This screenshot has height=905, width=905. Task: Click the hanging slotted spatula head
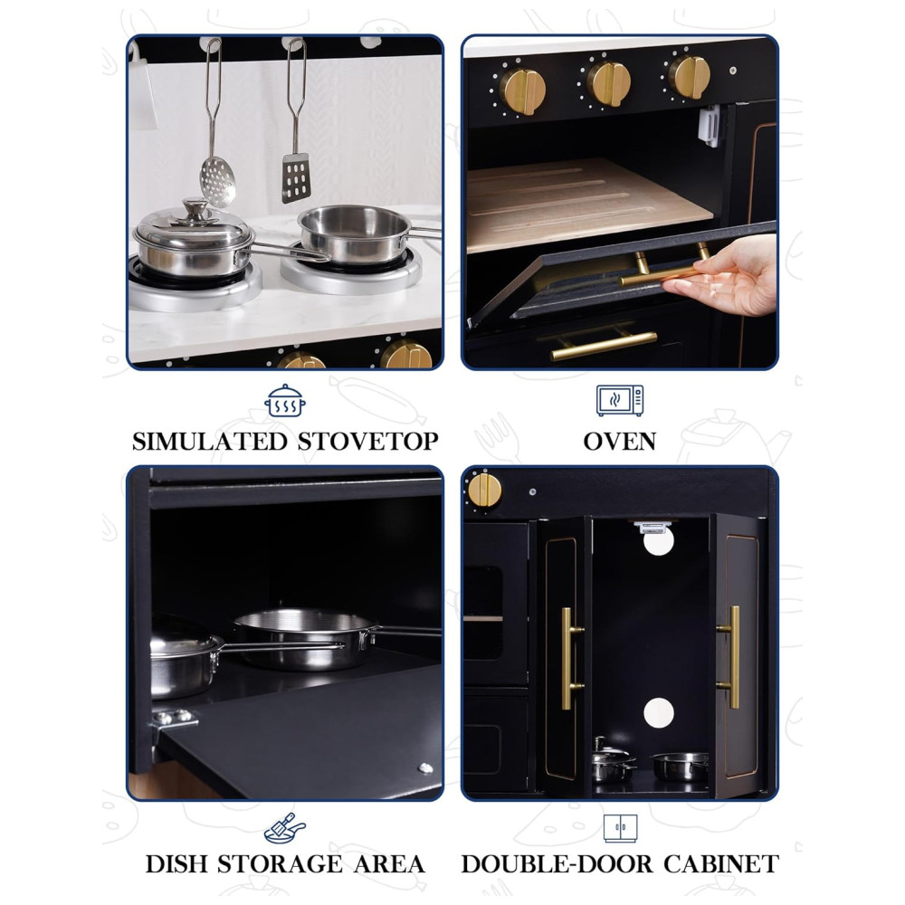296,177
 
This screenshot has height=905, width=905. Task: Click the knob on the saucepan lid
195,207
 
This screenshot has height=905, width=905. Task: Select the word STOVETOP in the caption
368,442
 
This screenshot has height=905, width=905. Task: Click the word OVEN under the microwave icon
619,442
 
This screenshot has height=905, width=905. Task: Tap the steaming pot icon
285,401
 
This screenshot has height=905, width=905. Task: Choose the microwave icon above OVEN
620,401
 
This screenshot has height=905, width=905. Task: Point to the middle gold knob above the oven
608,83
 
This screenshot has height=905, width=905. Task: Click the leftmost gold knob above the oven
522,91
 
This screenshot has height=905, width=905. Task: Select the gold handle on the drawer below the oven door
603,345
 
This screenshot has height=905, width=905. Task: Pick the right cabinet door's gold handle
730,657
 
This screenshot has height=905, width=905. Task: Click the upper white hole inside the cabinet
659,541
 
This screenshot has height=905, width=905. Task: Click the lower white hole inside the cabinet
659,713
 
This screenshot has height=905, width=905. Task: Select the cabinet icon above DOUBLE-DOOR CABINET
621,828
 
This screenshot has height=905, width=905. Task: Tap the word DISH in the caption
176,864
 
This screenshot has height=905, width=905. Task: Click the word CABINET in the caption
721,864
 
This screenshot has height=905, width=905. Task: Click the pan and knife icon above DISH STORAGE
284,828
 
